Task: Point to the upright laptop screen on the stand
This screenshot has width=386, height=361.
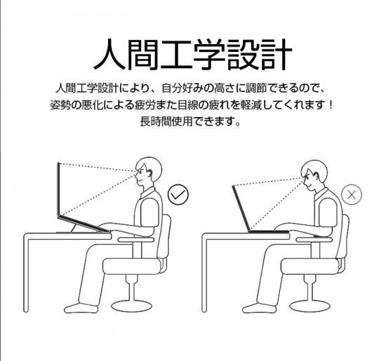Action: [x=58, y=189]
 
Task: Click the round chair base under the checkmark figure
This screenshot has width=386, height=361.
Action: [x=131, y=306]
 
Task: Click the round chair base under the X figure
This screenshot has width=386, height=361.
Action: [x=310, y=306]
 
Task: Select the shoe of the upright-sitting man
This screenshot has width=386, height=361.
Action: [x=81, y=308]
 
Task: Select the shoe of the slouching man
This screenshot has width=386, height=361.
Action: [x=259, y=308]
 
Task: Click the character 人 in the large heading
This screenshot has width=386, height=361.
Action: [x=109, y=55]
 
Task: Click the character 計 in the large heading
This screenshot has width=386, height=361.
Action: [x=277, y=55]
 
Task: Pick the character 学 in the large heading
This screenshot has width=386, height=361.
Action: [x=209, y=55]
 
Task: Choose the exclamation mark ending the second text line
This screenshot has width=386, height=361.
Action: [x=331, y=106]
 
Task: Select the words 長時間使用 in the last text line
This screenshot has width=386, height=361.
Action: [x=166, y=121]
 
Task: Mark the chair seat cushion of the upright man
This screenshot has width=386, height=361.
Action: [x=132, y=266]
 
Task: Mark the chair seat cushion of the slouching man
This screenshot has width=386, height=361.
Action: [x=310, y=266]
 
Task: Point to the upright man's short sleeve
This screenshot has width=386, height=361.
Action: [x=149, y=212]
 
